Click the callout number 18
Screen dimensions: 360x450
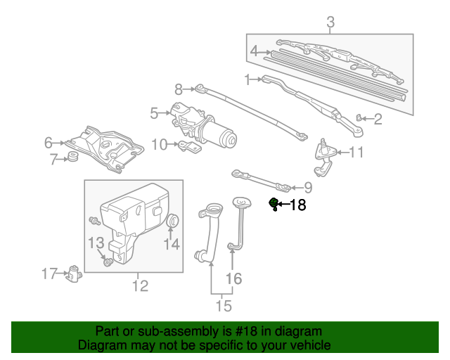pos(298,205)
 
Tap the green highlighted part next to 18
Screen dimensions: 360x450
pos(274,204)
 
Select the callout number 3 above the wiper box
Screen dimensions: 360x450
pos(330,24)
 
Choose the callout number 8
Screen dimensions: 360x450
pos(179,89)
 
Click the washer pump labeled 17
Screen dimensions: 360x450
pos(74,274)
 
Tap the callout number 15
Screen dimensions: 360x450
pos(223,305)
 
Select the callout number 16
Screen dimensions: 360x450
pos(233,279)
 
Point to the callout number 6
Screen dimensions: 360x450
pos(49,143)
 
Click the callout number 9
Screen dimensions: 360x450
pos(307,188)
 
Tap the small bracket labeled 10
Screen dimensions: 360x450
pos(188,146)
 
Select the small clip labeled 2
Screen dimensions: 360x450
pos(361,117)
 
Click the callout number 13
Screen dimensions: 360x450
pos(96,243)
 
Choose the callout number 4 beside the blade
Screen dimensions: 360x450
pos(254,51)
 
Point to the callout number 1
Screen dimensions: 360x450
pos(247,79)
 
